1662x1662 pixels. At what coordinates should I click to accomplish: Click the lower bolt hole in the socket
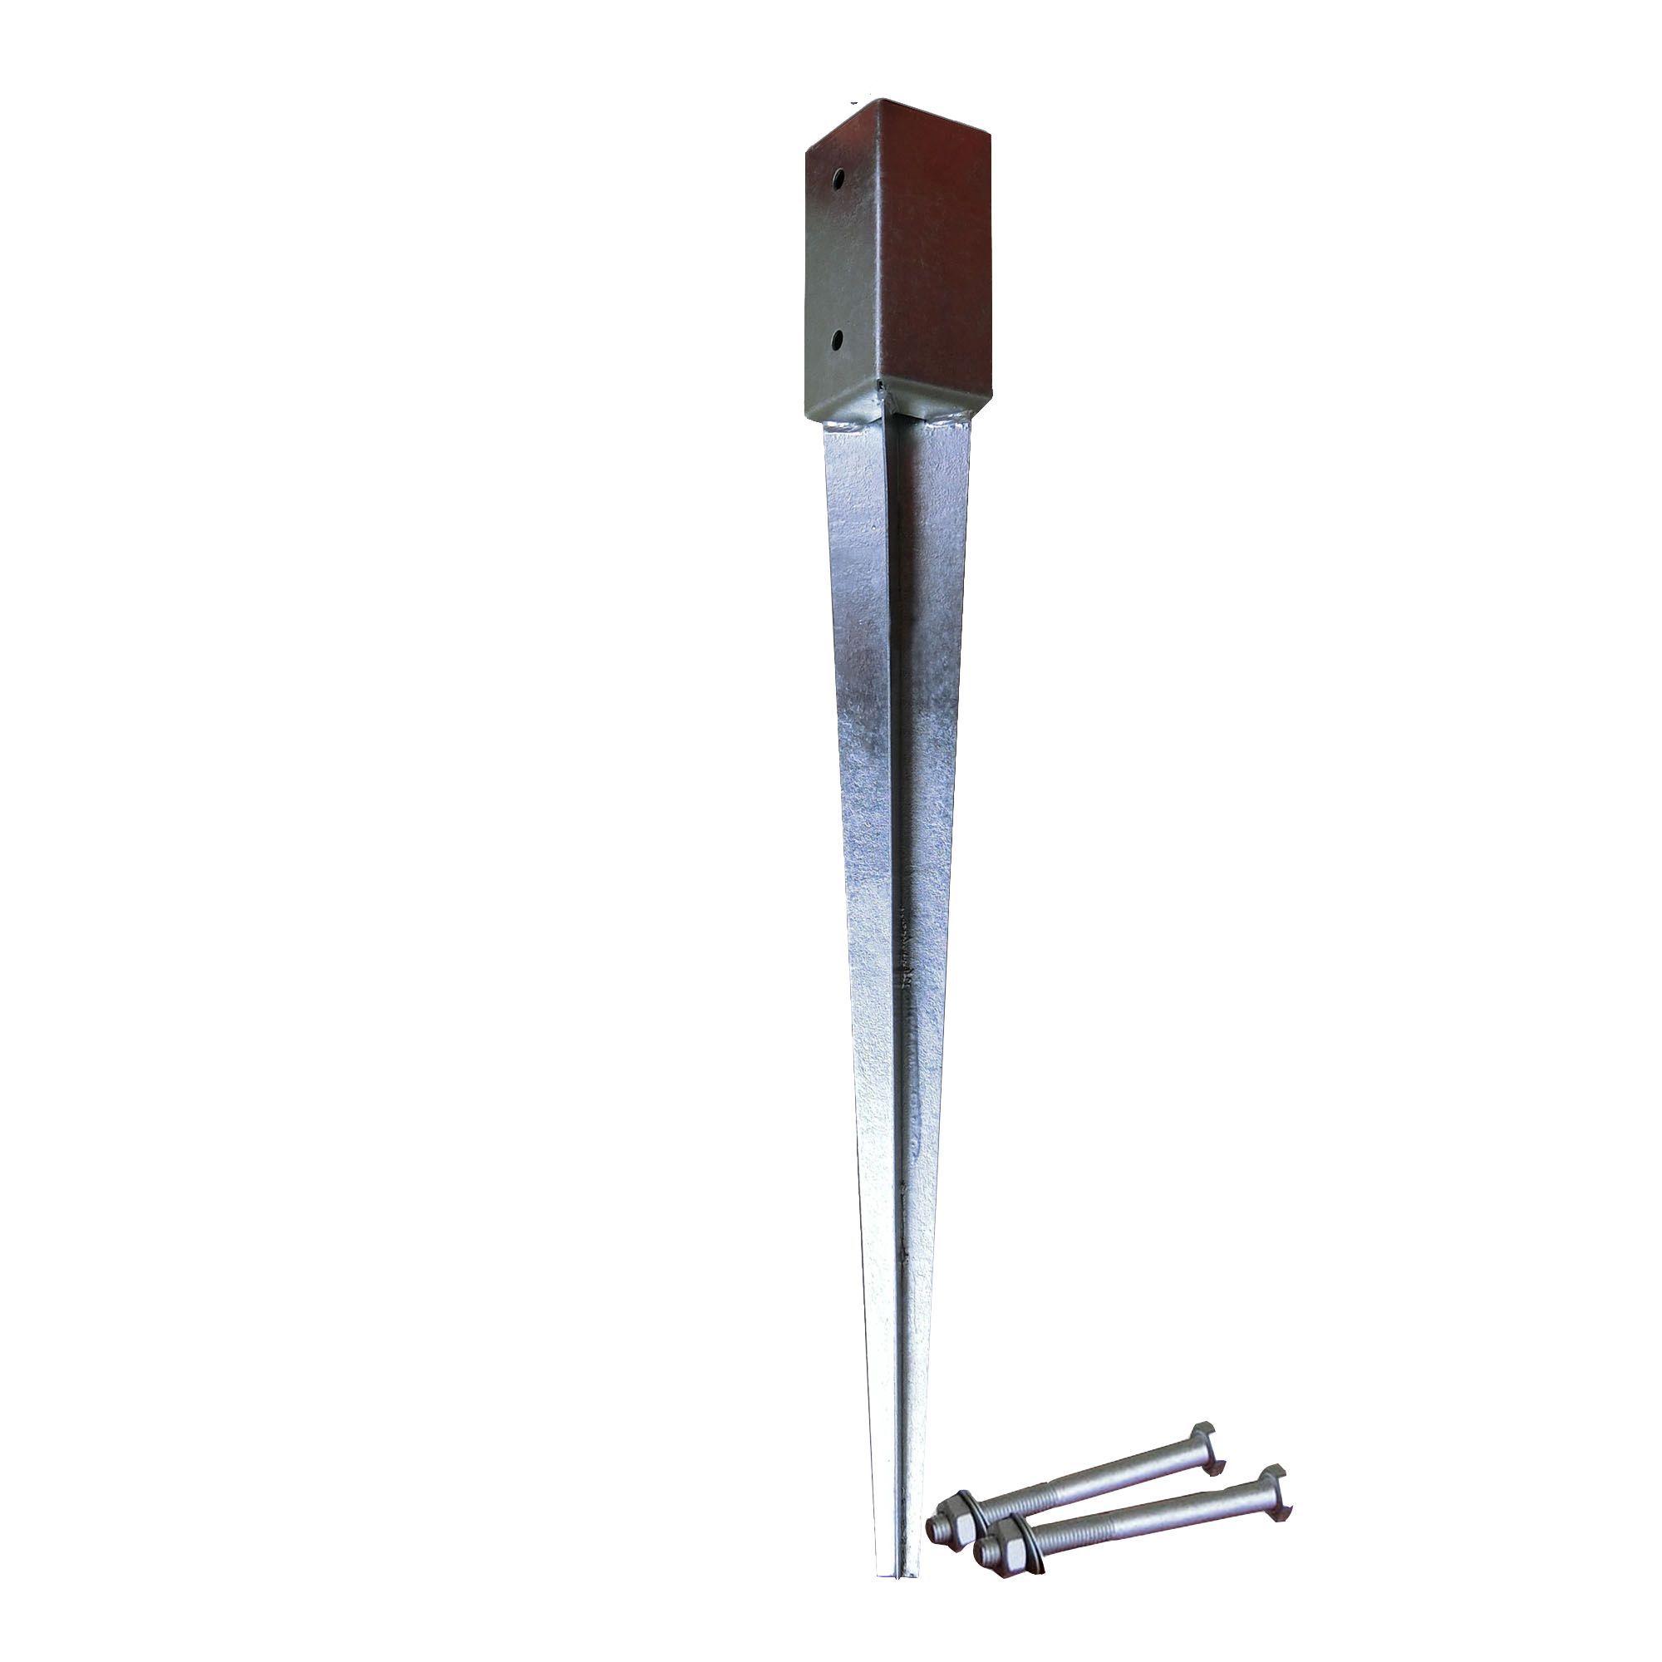837,342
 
